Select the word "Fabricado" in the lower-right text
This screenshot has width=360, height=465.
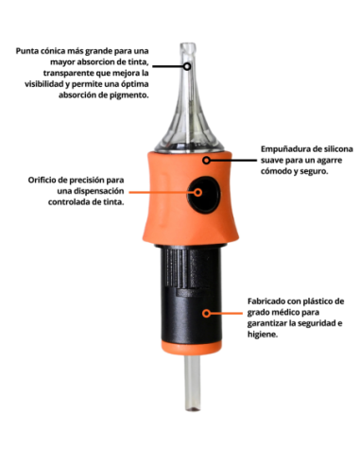[x=267, y=301]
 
